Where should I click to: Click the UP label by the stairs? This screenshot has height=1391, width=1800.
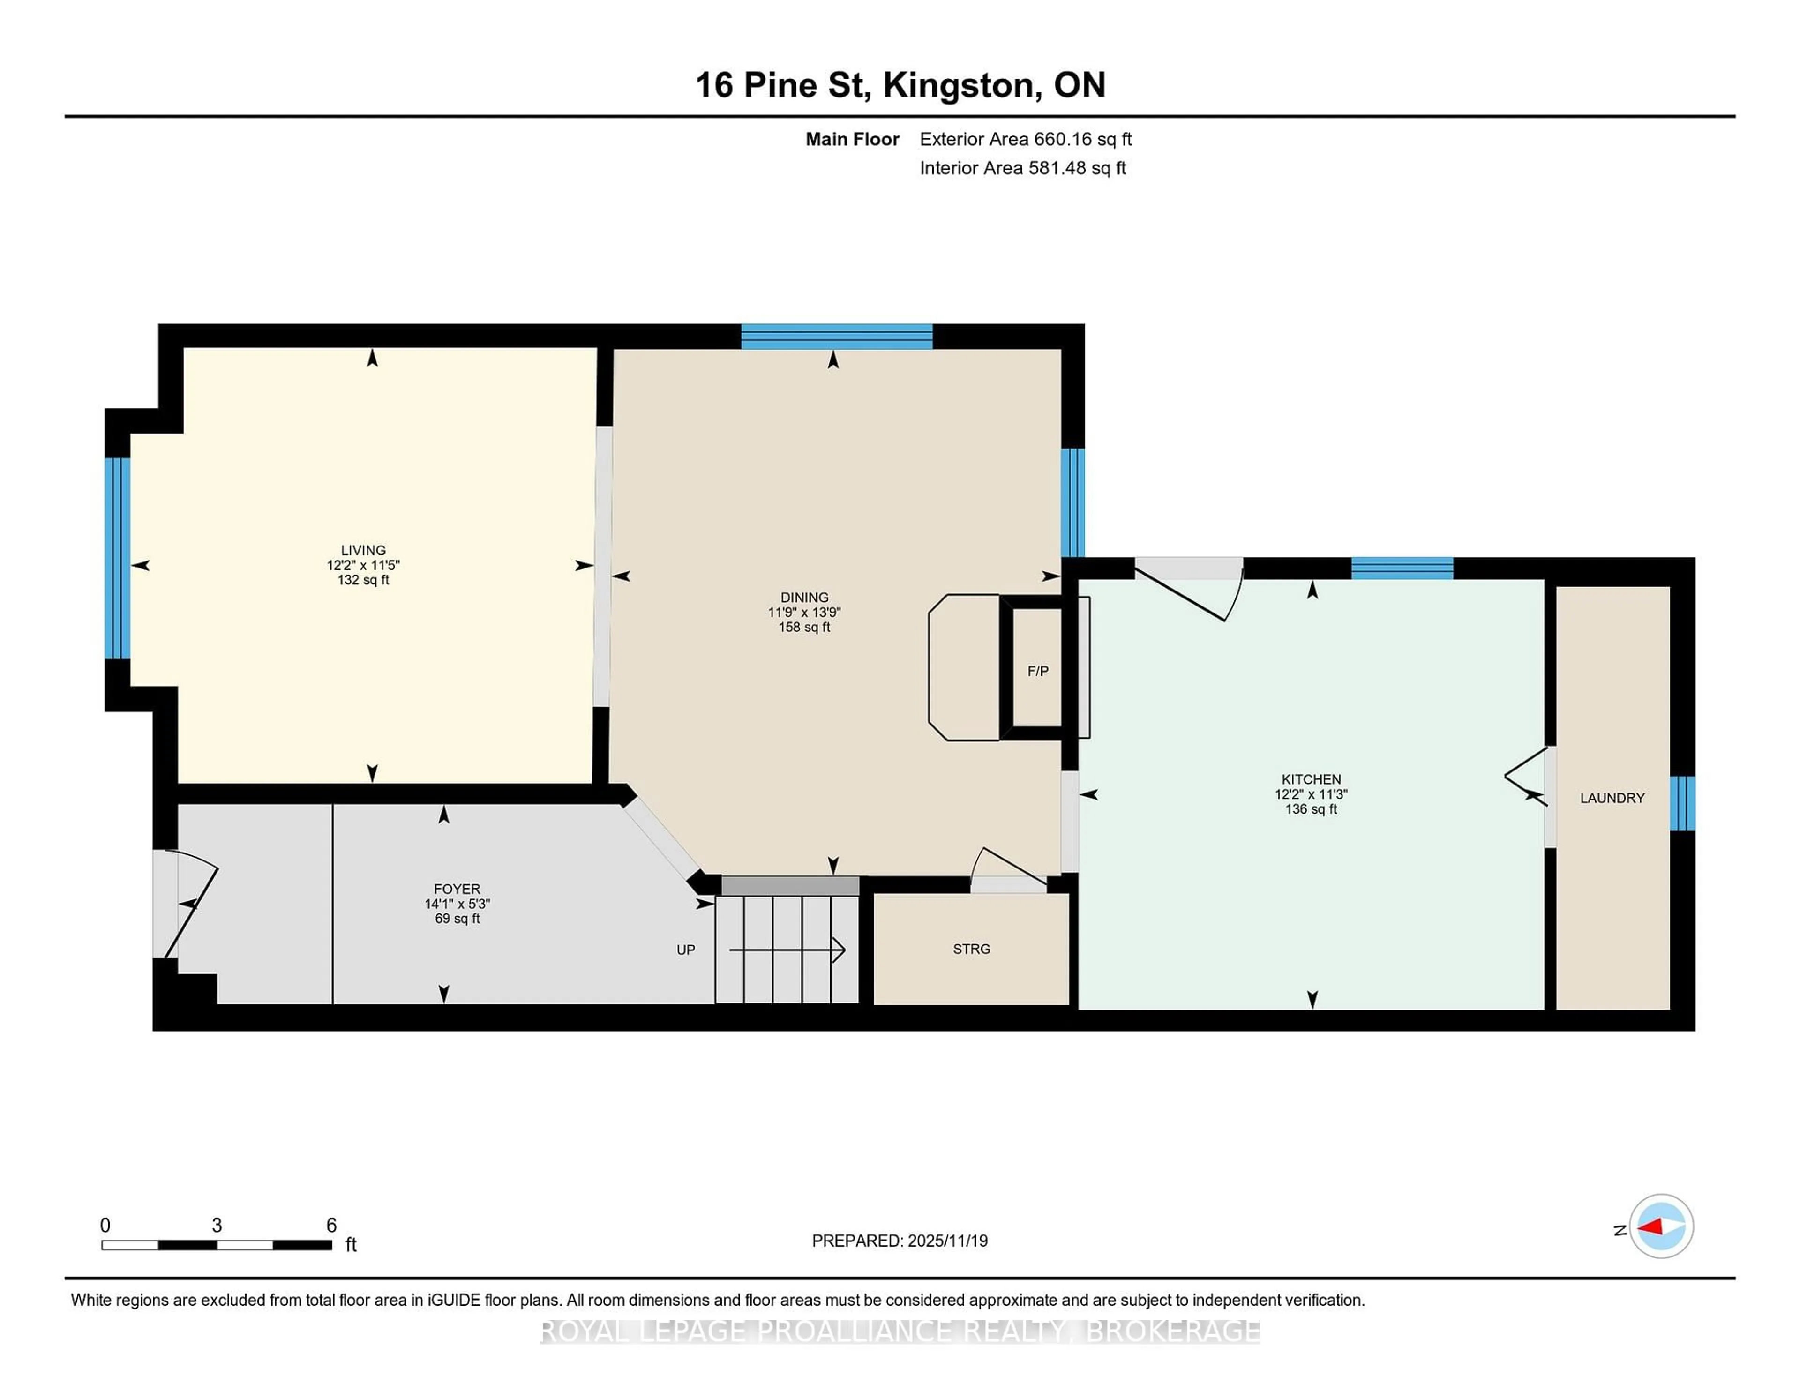[x=686, y=950]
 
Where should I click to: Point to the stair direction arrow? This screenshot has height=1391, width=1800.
[x=787, y=950]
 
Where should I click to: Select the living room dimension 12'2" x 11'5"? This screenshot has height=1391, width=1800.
[x=363, y=565]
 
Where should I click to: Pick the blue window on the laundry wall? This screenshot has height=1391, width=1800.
[x=1682, y=803]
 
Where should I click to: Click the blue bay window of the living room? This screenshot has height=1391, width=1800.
[x=118, y=558]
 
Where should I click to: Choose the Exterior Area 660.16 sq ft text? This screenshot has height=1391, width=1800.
[x=1025, y=139]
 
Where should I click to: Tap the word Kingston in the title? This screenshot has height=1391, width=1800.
[x=961, y=85]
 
